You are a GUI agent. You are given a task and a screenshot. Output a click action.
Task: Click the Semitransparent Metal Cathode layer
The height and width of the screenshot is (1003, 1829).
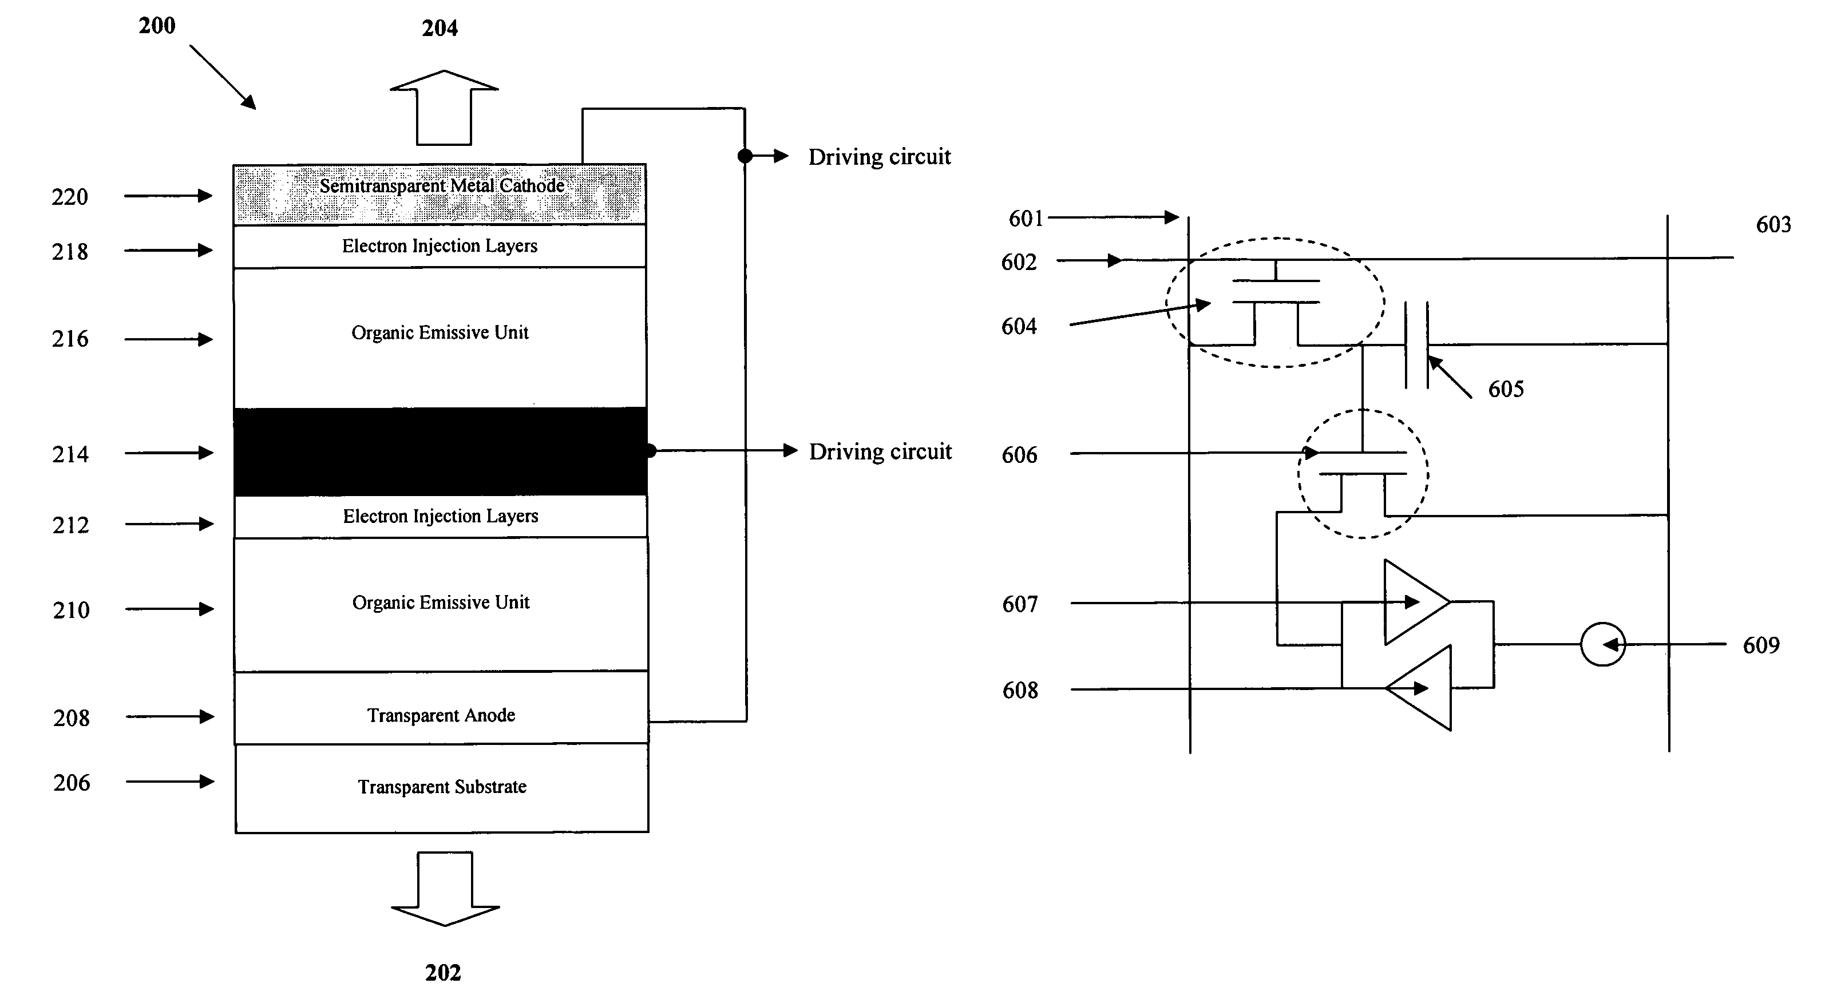440,195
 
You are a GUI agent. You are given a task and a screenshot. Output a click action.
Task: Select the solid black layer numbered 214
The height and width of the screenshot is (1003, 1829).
440,451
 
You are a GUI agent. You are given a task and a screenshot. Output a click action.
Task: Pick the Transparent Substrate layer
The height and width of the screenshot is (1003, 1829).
442,788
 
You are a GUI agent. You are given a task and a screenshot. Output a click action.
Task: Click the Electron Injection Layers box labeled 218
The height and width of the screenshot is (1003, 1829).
440,246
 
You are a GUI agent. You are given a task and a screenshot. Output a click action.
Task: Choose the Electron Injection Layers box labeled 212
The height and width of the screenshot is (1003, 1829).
441,516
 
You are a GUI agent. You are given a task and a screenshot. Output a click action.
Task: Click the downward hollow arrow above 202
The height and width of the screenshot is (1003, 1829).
445,889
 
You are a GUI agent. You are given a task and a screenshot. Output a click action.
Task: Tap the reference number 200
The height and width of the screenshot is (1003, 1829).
157,26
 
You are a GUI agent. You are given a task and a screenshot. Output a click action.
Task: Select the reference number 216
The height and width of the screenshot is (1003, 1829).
70,339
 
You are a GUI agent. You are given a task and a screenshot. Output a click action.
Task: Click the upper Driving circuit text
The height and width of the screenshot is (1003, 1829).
880,157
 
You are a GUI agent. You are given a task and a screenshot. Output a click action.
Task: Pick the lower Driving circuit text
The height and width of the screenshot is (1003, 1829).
880,451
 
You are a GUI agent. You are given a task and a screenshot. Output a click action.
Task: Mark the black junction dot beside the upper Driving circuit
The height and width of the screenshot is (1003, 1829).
745,156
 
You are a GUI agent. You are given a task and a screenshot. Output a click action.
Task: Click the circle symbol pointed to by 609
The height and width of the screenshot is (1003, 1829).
1602,644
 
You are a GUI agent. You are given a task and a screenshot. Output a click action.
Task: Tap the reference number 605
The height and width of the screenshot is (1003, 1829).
1506,389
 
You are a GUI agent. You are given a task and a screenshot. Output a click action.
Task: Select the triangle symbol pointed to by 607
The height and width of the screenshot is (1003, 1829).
1417,602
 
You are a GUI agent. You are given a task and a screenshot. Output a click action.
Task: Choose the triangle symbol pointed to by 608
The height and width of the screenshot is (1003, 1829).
1419,688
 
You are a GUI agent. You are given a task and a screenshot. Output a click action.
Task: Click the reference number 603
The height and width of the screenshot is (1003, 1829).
1773,225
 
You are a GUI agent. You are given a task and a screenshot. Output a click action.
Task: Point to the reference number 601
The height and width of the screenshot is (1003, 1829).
1026,219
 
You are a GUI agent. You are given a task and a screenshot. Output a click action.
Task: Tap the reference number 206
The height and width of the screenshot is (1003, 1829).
72,782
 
